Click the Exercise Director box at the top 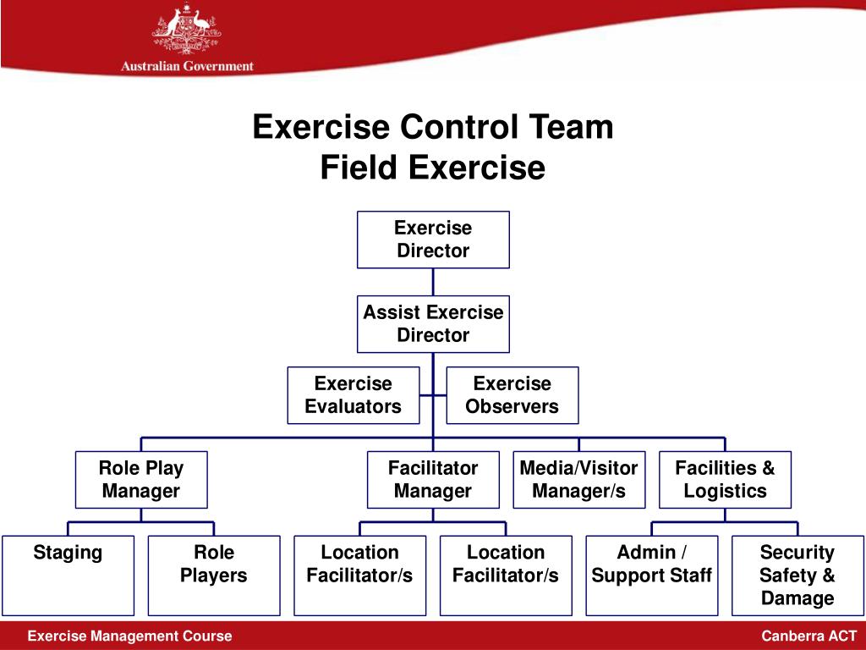pos(433,240)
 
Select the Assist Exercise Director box pos(433,323)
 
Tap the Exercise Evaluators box pos(354,395)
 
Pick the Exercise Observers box pos(512,395)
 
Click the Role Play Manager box pos(141,479)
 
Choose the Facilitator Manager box pos(433,479)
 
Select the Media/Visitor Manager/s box pos(578,479)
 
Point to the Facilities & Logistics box pos(725,479)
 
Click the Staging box pos(68,575)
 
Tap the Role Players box pos(214,575)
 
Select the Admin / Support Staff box pos(652,575)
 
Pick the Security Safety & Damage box pos(797,575)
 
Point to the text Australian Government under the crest pos(187,66)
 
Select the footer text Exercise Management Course pos(129,636)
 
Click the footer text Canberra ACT pos(809,636)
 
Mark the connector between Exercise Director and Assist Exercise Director pos(433,282)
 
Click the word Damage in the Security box pos(797,598)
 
